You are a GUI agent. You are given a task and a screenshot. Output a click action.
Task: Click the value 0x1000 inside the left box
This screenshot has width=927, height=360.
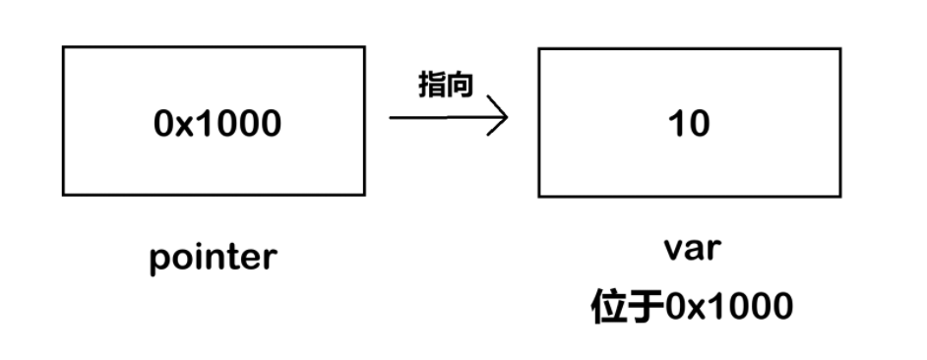click(x=217, y=123)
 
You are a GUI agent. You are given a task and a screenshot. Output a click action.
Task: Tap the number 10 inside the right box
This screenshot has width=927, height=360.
click(x=689, y=124)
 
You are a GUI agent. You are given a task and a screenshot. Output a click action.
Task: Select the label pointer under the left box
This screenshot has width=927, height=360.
click(x=214, y=259)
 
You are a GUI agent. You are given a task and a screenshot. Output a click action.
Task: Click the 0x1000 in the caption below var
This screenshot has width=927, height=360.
click(x=729, y=308)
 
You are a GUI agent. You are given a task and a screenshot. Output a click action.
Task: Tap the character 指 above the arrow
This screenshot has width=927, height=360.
click(x=433, y=86)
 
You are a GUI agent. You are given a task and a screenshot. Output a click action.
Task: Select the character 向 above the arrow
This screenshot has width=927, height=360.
click(x=460, y=86)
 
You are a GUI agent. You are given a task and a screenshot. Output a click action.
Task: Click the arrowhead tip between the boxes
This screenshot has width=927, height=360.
click(x=507, y=118)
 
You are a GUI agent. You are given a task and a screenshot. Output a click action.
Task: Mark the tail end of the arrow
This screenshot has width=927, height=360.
click(x=391, y=118)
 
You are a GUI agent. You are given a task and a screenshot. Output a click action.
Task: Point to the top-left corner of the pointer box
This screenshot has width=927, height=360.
click(x=63, y=47)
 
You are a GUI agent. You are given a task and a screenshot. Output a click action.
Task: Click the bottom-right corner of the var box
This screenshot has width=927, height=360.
click(x=840, y=196)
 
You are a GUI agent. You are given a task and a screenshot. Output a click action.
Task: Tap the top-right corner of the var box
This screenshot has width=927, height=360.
click(x=840, y=48)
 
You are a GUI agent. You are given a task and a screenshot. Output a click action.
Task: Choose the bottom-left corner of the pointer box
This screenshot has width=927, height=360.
click(x=63, y=195)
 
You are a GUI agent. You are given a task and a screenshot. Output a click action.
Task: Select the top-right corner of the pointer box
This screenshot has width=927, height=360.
click(x=364, y=47)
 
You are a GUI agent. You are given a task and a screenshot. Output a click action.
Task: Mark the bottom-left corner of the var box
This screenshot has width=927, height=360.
click(x=539, y=196)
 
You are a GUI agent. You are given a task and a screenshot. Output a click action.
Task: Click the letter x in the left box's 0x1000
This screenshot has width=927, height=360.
click(x=187, y=125)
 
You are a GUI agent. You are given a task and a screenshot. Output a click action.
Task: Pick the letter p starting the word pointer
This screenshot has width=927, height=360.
click(x=160, y=261)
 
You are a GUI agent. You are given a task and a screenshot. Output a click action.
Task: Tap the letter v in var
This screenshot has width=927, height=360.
click(x=672, y=249)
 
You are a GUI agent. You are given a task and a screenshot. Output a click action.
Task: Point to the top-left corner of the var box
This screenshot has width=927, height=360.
click(x=539, y=48)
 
